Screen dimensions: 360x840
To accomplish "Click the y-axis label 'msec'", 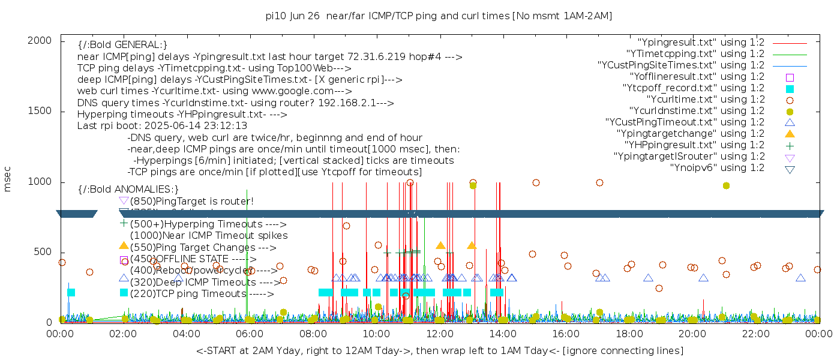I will (8, 179).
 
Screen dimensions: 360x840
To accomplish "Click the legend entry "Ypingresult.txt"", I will (701, 43).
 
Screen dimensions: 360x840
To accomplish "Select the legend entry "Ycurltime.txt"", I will (705, 100).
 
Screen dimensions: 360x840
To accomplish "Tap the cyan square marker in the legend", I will (790, 89).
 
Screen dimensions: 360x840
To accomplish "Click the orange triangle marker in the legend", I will (790, 134).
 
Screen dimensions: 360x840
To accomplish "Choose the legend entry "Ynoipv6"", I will (716, 168).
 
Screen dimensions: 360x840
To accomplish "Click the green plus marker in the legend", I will (790, 145).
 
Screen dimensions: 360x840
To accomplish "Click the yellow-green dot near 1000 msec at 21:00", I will (726, 186).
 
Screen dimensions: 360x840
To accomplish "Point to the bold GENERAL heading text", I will (122, 45).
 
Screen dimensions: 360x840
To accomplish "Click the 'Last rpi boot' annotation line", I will (162, 126).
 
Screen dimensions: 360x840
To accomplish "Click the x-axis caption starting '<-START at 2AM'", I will (439, 350).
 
